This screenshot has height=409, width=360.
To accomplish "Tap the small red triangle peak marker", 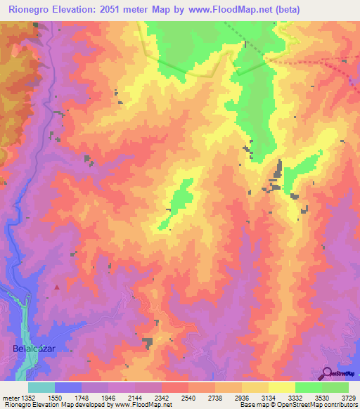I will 57,287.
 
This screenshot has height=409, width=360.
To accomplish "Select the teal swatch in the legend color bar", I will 41,387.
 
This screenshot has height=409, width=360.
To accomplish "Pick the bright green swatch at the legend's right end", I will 335,387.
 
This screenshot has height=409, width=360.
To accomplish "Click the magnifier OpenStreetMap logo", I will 327,372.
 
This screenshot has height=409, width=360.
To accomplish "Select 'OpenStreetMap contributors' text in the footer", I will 323,405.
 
